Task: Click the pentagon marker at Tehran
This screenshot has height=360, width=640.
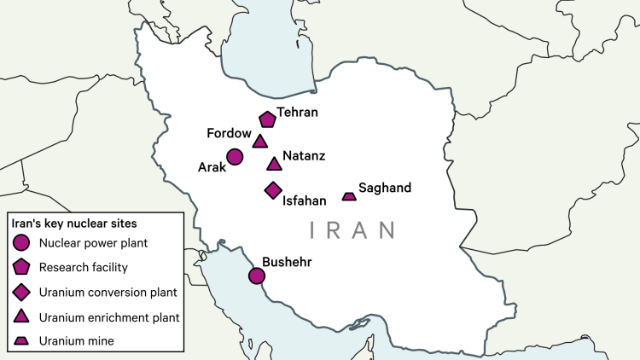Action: tap(267, 119)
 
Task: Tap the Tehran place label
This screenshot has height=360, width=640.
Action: tap(297, 113)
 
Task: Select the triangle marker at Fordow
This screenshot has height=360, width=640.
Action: tap(260, 142)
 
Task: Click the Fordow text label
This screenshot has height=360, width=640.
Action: tap(229, 134)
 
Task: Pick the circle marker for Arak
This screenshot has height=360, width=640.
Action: tap(235, 157)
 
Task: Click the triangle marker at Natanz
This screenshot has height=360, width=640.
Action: tap(274, 164)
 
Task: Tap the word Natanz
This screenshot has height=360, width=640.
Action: tap(304, 156)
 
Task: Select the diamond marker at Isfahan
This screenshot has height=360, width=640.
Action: tap(273, 189)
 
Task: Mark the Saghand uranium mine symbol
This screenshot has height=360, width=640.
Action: tap(349, 196)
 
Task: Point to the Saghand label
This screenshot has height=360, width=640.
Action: tap(385, 188)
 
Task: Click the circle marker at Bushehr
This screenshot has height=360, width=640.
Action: tap(256, 276)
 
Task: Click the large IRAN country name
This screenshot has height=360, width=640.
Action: tap(352, 229)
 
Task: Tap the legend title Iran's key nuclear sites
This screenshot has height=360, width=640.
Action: tap(72, 224)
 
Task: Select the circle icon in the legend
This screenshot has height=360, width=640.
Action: tap(21, 243)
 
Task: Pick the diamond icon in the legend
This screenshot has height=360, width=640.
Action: tap(21, 293)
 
